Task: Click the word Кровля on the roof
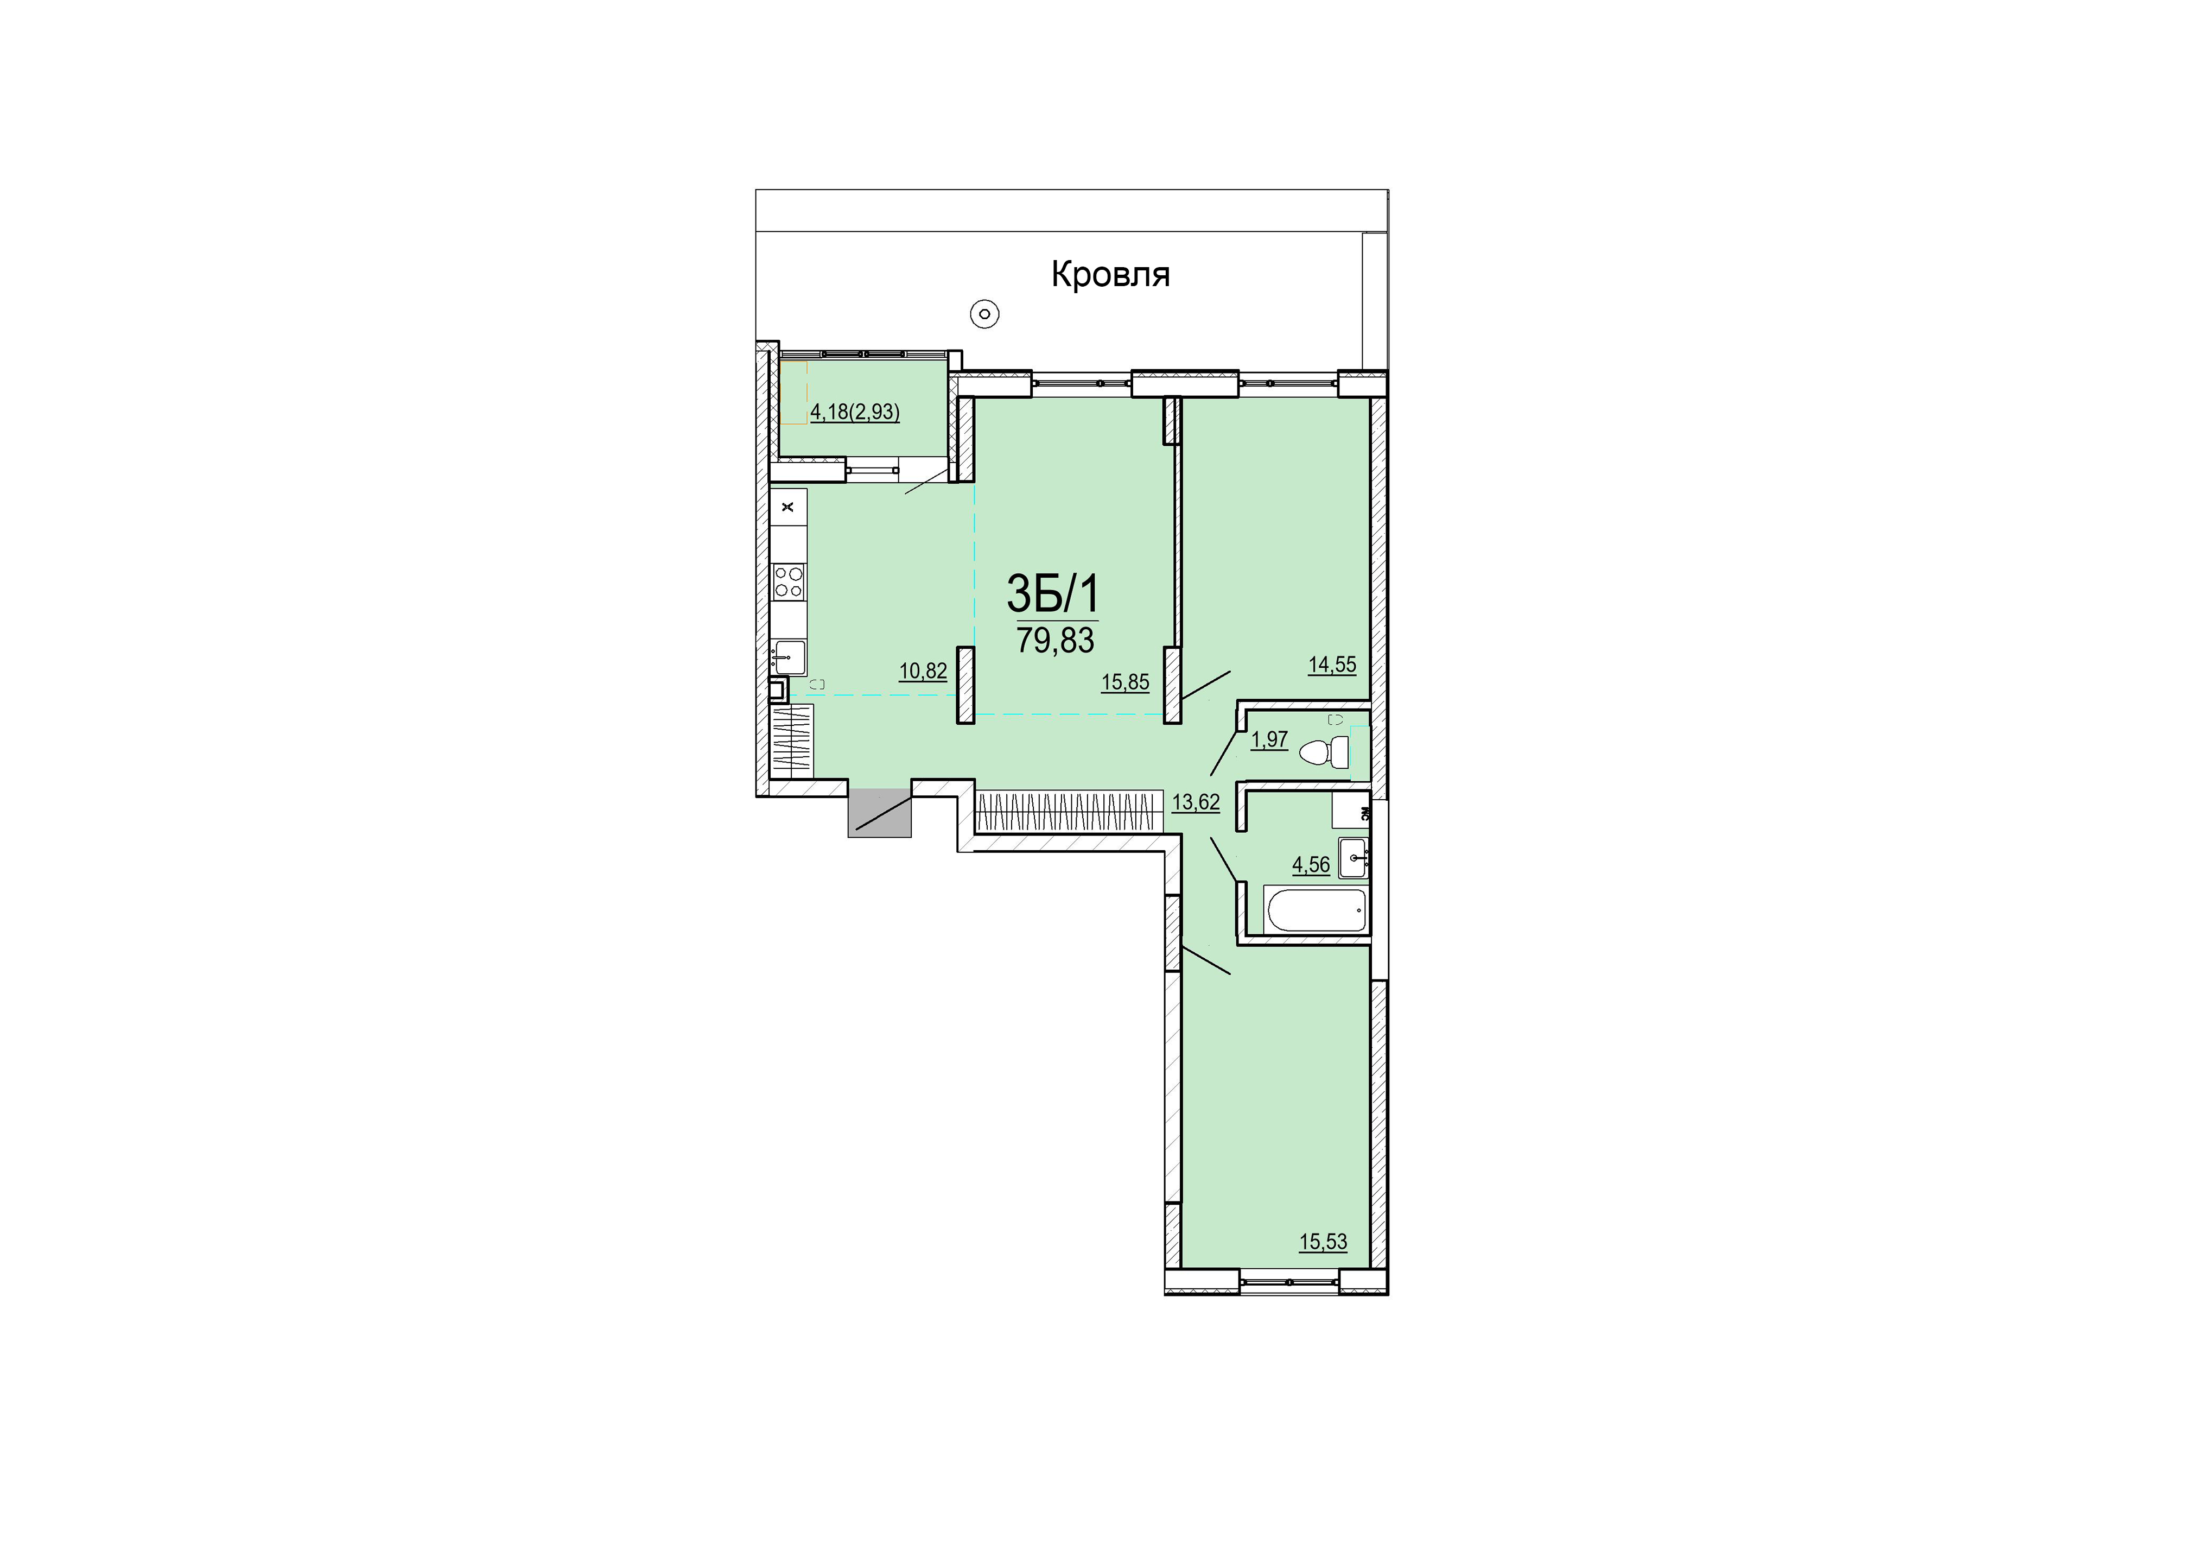pos(1110,275)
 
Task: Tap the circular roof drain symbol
pos(984,313)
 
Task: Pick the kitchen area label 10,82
pos(923,672)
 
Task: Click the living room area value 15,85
pos(1126,682)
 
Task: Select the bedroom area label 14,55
pos(1332,664)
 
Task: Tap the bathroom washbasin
pos(1353,858)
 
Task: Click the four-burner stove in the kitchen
pos(789,581)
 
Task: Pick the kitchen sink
pos(789,657)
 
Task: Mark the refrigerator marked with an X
pos(789,507)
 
